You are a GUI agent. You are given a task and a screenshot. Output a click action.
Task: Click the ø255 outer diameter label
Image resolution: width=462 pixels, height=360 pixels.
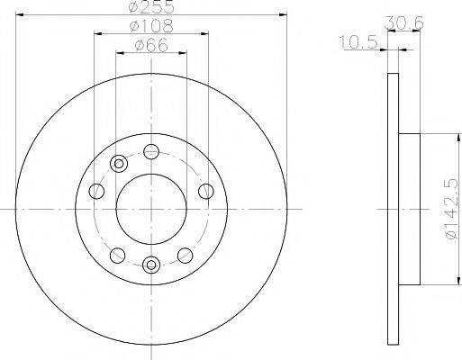150,8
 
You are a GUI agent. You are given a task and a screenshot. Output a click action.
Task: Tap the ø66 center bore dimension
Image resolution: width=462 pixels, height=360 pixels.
150,46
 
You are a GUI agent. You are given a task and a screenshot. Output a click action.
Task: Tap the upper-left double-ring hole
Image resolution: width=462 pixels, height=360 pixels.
118,163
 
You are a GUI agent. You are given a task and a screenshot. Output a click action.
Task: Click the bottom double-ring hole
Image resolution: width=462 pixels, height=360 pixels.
150,264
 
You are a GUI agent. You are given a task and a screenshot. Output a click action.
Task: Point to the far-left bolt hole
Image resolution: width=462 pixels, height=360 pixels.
95,190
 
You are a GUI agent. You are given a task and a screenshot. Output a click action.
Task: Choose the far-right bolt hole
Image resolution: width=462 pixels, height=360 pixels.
205,190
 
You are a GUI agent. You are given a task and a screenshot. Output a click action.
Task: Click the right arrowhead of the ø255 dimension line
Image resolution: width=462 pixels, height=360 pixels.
280,16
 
